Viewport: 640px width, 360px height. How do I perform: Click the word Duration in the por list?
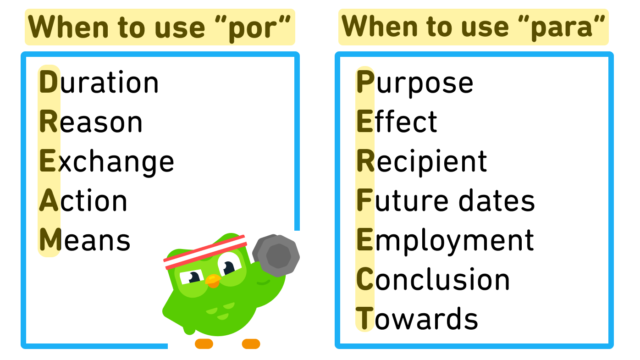click(99, 83)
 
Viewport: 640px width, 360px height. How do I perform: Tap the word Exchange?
click(107, 161)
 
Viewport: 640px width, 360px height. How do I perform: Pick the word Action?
click(83, 201)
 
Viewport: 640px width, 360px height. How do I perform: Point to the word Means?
click(85, 240)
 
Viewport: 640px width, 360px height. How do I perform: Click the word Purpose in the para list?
click(415, 83)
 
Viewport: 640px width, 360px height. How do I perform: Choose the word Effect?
click(397, 122)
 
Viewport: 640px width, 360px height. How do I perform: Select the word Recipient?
click(422, 161)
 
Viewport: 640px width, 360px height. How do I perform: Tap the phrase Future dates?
click(446, 201)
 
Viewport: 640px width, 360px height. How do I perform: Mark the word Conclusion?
click(433, 279)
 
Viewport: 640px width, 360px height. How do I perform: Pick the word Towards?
click(417, 319)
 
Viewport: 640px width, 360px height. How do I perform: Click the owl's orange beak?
click(213, 280)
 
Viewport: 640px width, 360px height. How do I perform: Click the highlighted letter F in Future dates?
click(364, 201)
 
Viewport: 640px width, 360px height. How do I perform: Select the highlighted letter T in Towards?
click(364, 319)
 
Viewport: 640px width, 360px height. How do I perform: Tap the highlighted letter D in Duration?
click(49, 83)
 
